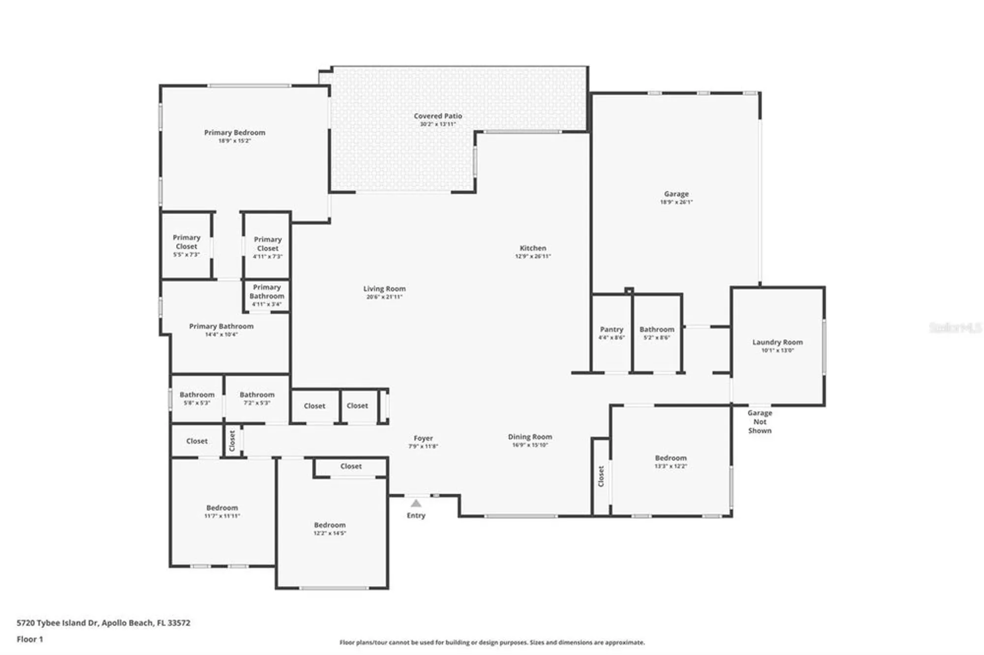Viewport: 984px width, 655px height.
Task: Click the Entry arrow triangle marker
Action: click(x=416, y=503)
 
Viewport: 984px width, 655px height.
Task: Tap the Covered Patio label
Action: click(x=437, y=116)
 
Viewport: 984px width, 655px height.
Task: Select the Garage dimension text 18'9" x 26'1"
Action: click(x=676, y=202)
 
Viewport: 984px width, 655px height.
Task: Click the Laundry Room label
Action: click(x=777, y=342)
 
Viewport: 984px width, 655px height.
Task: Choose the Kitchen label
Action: click(x=532, y=248)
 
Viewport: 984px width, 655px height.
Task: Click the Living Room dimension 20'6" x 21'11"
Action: click(x=384, y=297)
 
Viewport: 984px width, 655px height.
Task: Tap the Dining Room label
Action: click(x=529, y=437)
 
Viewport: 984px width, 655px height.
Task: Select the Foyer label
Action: click(x=423, y=438)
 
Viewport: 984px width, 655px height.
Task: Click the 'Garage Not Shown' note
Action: click(x=759, y=421)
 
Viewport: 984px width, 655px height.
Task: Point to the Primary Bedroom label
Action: click(x=234, y=133)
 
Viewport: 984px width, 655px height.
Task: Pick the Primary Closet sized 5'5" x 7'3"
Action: click(x=186, y=245)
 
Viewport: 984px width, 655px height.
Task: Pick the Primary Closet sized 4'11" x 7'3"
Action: click(x=267, y=247)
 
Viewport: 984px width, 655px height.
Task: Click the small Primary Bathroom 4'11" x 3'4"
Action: click(x=266, y=295)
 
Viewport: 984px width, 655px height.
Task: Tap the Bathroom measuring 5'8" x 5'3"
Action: click(x=197, y=398)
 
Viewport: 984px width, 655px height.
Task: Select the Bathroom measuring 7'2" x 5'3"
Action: click(x=257, y=398)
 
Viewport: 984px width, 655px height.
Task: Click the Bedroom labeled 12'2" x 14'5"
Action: click(x=329, y=529)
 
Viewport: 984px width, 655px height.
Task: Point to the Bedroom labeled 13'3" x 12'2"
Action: click(x=670, y=461)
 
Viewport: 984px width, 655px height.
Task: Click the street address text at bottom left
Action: click(x=103, y=623)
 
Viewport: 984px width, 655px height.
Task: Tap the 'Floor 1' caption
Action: click(x=30, y=639)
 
